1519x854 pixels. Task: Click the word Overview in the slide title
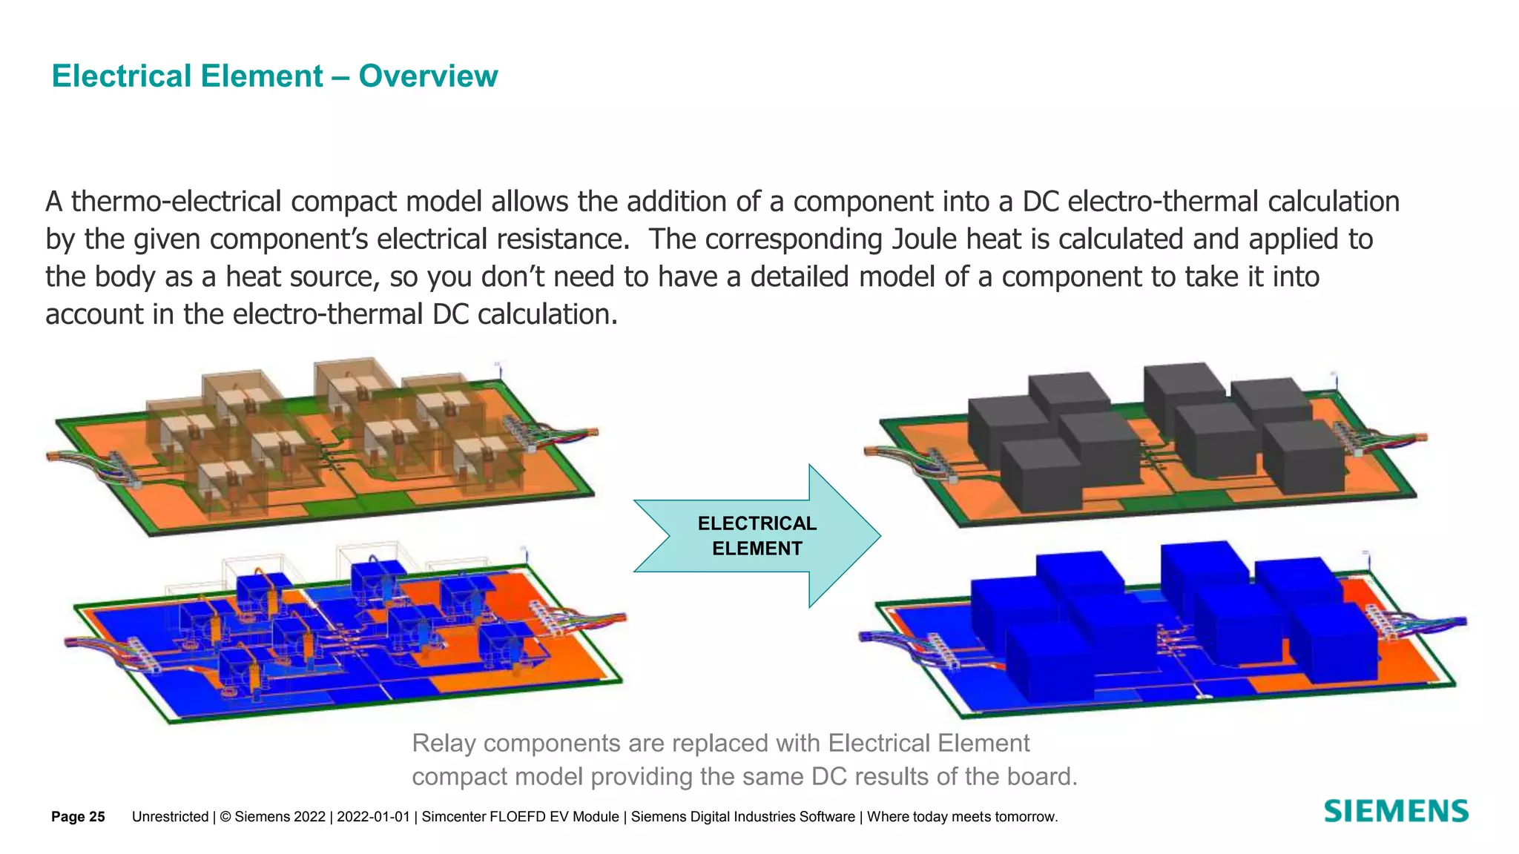point(428,76)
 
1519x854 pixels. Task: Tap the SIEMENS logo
point(1396,812)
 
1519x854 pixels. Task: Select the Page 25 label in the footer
point(78,817)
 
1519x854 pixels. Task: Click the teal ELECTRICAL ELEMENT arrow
point(757,536)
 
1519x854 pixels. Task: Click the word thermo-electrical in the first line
point(176,202)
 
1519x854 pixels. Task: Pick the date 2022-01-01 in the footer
point(373,817)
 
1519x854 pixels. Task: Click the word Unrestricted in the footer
point(170,817)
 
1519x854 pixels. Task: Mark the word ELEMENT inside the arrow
point(757,549)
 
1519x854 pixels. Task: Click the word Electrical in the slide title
point(187,76)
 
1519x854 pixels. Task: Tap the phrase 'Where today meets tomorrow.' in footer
point(962,817)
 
